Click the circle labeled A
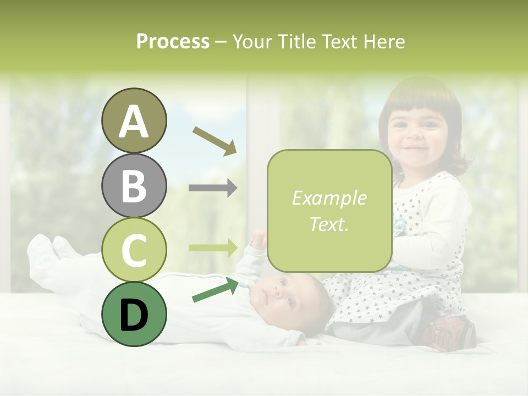tap(134, 120)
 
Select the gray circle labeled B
tap(134, 185)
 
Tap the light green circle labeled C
tap(134, 250)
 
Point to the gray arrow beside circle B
tap(212, 188)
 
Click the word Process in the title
tap(173, 41)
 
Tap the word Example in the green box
tap(329, 198)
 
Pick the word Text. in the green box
tap(329, 224)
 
